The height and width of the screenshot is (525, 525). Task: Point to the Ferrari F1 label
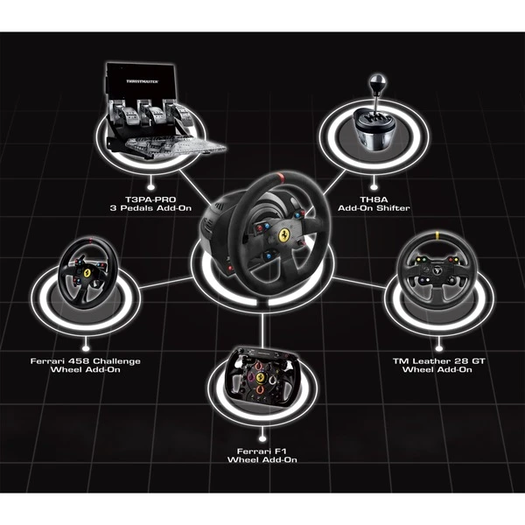click(262, 449)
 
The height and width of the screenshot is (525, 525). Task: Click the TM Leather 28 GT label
click(436, 360)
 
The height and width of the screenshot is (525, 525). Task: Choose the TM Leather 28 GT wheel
click(436, 269)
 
